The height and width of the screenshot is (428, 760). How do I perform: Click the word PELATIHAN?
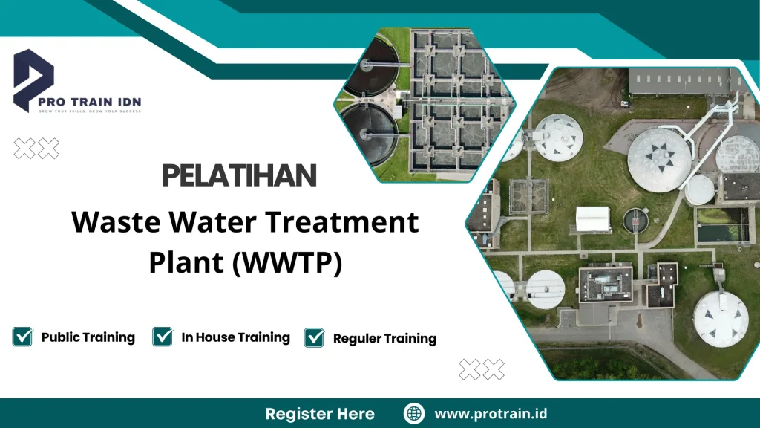click(239, 176)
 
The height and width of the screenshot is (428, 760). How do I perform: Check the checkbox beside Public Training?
click(23, 337)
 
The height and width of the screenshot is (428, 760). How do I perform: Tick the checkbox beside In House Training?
click(163, 337)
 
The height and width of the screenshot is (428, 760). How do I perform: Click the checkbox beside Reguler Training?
click(315, 337)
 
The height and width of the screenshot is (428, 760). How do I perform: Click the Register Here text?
click(320, 414)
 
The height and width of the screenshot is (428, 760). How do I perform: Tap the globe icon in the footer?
click(413, 413)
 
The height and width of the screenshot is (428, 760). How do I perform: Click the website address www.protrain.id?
click(491, 413)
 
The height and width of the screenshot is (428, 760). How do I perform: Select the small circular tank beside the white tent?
click(635, 219)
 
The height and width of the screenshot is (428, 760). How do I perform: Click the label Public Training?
click(88, 337)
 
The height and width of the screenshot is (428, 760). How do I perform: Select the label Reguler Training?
click(384, 339)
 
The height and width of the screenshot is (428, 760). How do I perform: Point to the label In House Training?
click(235, 337)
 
